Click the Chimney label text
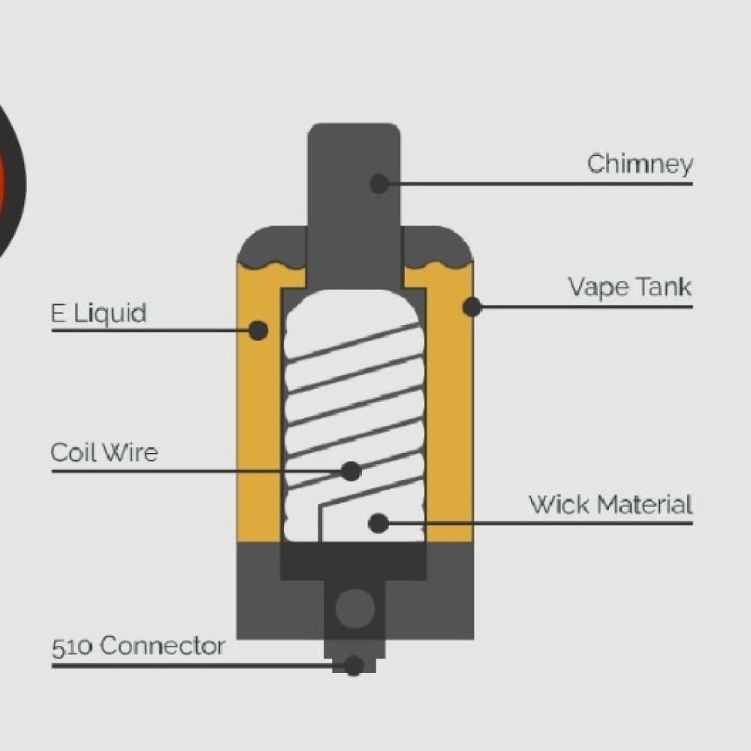point(639,164)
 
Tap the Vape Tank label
point(629,287)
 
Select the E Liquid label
point(98,313)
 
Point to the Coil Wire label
point(104,453)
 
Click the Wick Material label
point(610,504)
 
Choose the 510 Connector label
point(138,646)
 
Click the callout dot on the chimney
point(380,182)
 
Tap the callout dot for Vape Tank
point(472,306)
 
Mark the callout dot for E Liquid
point(258,330)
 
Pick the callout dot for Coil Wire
point(351,471)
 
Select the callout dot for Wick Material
point(379,523)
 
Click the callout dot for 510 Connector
point(354,665)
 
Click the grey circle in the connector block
point(354,608)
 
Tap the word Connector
point(162,646)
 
